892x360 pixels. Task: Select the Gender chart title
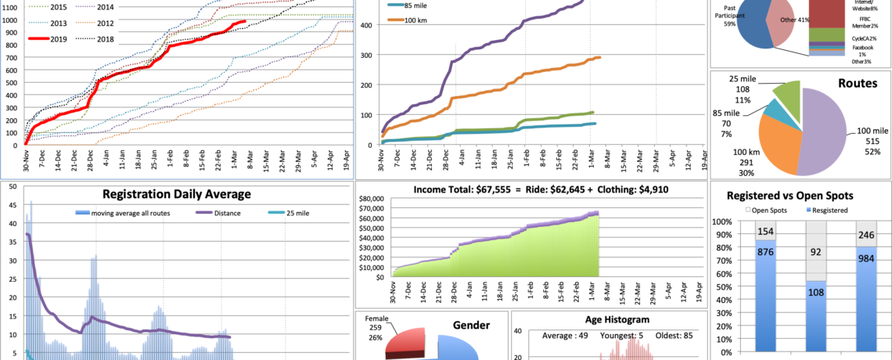471,326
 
